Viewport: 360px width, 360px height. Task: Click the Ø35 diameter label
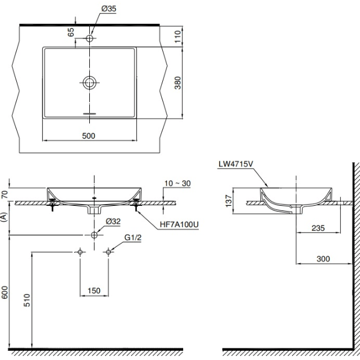[x=109, y=9]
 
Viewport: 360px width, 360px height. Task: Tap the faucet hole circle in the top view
[x=89, y=38]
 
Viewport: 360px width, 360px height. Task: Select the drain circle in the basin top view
[x=89, y=83]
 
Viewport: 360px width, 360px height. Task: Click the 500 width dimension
[x=89, y=136]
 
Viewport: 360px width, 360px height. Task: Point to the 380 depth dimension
[x=178, y=83]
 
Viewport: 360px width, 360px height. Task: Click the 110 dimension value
[x=178, y=37]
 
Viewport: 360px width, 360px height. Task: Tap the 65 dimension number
[x=71, y=32]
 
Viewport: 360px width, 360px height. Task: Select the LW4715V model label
[x=235, y=164]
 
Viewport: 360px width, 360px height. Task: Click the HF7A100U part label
[x=179, y=224]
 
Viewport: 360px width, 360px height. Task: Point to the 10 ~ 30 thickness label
[x=177, y=183]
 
